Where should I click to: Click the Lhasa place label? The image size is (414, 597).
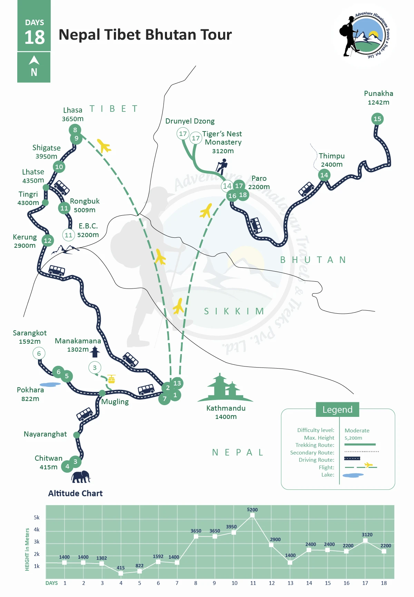pos(73,110)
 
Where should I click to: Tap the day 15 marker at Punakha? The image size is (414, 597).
pos(377,119)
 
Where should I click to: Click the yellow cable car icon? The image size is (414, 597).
pos(111,379)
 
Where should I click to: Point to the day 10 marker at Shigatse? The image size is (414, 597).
pos(59,167)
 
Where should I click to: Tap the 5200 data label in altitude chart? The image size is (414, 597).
pos(252,510)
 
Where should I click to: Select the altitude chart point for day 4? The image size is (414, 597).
pos(121,573)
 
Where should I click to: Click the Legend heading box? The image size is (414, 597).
pos(337,410)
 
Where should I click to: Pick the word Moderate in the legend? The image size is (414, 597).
pos(357,430)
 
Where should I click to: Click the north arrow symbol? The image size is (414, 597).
pos(34,61)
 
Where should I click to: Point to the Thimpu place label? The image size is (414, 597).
pos(332,156)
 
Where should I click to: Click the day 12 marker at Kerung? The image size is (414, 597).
pos(48,241)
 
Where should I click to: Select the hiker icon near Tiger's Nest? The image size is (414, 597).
pos(222,167)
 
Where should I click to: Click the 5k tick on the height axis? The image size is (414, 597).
pos(37,517)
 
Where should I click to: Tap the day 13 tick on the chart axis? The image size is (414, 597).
pos(290,583)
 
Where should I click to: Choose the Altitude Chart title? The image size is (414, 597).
pos(75,493)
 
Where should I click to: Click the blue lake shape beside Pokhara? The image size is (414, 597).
pos(50,384)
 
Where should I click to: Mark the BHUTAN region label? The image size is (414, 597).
pos(313,260)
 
